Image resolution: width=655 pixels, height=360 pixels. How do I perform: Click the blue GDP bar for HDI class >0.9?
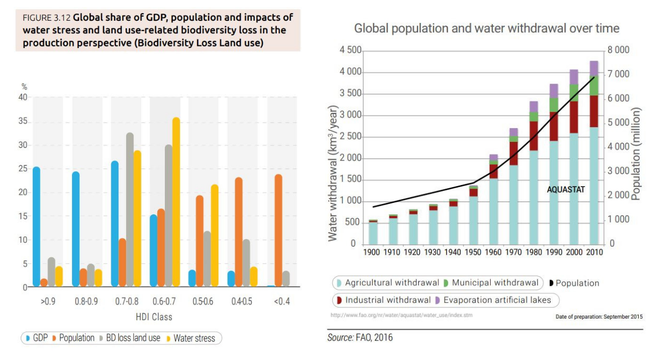point(37,226)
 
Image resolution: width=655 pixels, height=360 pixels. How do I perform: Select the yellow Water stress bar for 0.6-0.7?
point(176,202)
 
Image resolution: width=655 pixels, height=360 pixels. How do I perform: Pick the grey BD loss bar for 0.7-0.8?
point(130,210)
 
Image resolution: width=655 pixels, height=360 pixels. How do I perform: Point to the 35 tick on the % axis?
point(22,122)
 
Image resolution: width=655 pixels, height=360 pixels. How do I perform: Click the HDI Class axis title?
point(154,317)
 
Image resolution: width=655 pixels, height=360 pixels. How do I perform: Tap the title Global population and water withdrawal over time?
point(486,28)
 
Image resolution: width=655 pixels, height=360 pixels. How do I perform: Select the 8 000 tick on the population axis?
point(618,50)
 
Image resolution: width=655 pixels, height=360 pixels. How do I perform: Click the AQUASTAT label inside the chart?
point(565,190)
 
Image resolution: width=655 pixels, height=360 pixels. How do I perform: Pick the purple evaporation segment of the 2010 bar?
point(593,68)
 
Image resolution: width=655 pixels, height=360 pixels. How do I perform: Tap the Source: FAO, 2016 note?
point(360,338)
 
